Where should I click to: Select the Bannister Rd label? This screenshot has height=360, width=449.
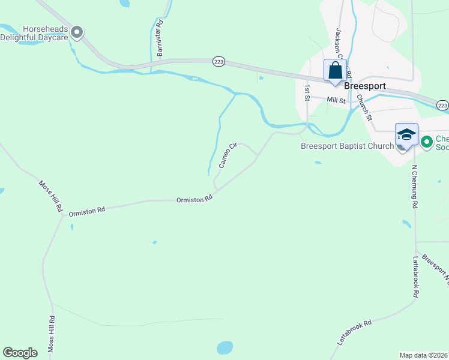160,39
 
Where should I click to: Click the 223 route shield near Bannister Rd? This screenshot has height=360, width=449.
218,61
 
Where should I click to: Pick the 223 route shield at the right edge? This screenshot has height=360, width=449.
442,105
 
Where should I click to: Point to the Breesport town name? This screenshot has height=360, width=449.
365,86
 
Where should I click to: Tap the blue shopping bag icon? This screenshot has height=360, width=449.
335,70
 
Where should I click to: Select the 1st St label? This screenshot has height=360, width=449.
307,91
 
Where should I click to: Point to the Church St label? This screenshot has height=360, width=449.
364,106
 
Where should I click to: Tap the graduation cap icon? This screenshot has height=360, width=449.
406,134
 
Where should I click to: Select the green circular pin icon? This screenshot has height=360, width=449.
427,142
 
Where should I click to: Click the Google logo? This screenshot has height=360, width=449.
20,353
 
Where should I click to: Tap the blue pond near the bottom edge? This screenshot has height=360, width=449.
224,347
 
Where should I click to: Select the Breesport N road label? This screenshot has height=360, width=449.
435,267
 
